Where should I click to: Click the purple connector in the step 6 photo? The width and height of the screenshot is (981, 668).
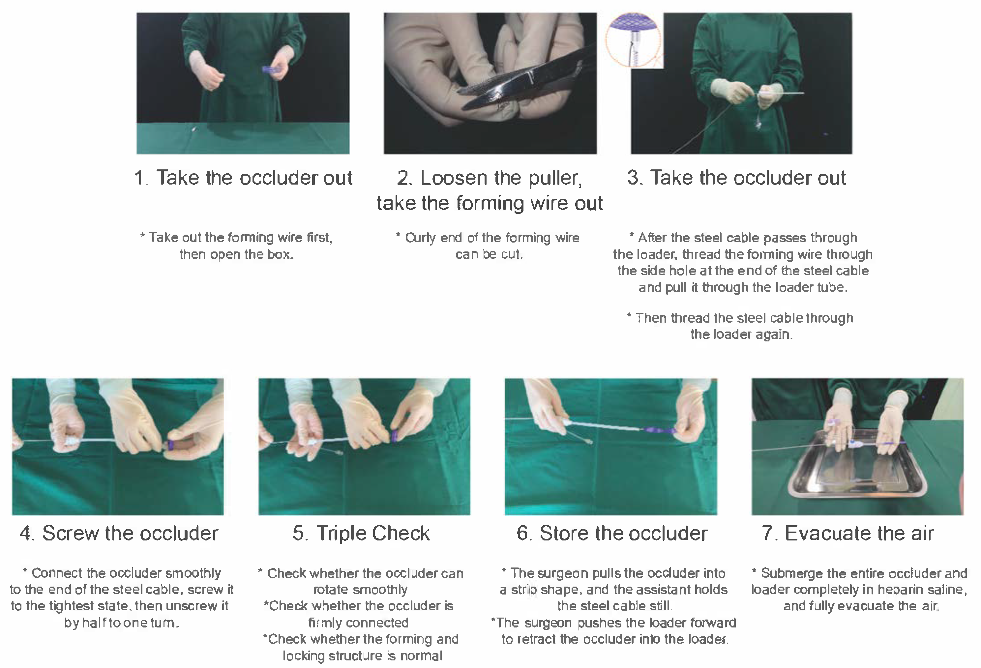pyautogui.click(x=659, y=430)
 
